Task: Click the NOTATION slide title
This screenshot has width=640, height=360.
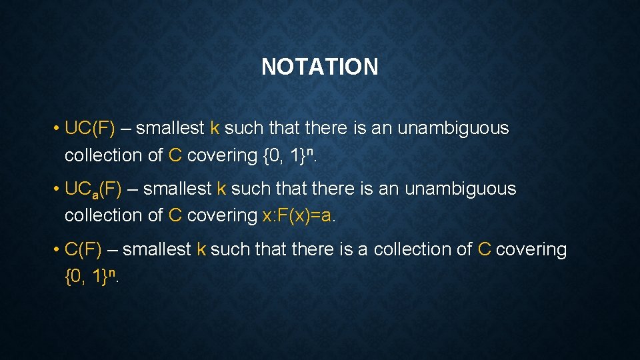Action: [x=319, y=67]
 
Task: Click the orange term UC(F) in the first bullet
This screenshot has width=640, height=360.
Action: [x=90, y=128]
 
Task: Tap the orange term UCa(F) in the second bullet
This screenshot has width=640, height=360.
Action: [x=93, y=189]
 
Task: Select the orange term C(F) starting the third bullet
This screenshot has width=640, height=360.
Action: [x=83, y=249]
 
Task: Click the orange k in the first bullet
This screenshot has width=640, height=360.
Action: [x=215, y=128]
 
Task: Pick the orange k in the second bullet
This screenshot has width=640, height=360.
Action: [x=222, y=189]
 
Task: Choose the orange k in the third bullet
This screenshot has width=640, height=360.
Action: [x=201, y=249]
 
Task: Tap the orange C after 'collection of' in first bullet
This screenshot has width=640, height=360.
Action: [x=175, y=155]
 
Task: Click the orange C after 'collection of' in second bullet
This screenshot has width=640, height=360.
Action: [x=175, y=215]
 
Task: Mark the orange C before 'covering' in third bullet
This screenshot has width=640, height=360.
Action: [x=485, y=249]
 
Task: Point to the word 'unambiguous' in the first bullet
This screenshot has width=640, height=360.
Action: [x=453, y=128]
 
